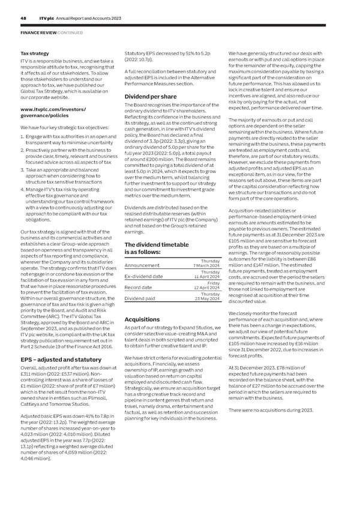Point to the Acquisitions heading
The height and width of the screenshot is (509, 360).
(141, 319)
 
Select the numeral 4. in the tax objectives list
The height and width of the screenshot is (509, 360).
(22, 188)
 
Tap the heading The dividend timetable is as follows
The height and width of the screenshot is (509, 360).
(157, 248)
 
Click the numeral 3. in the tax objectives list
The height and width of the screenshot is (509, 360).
(22, 170)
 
